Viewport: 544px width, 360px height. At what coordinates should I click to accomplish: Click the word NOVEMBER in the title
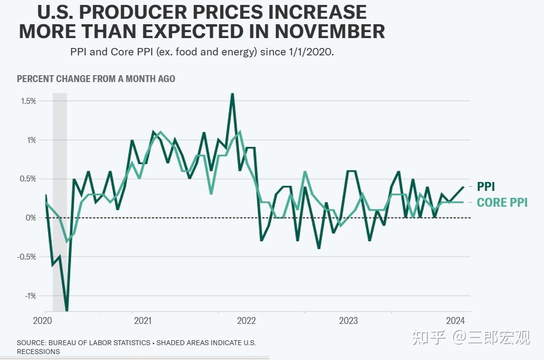tap(330, 31)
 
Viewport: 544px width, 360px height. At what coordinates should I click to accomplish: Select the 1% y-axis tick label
tap(31, 140)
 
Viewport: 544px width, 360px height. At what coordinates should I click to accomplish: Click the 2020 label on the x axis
tap(43, 320)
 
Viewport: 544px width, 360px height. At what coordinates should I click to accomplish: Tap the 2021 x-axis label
tap(143, 320)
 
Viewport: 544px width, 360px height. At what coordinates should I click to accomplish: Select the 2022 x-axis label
tap(246, 320)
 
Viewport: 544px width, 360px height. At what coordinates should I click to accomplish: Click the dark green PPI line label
tap(486, 187)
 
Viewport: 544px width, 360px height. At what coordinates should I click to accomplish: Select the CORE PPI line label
tap(502, 202)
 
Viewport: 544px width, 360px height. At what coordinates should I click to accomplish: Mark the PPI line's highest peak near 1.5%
tap(232, 94)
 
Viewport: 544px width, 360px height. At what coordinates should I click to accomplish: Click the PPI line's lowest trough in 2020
tap(67, 310)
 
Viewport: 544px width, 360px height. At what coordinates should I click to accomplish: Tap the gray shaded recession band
tap(60, 198)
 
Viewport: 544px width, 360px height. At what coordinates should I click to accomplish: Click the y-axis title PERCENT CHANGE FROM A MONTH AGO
tap(96, 79)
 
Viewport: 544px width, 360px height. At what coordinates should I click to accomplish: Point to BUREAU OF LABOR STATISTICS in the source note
tap(99, 343)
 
